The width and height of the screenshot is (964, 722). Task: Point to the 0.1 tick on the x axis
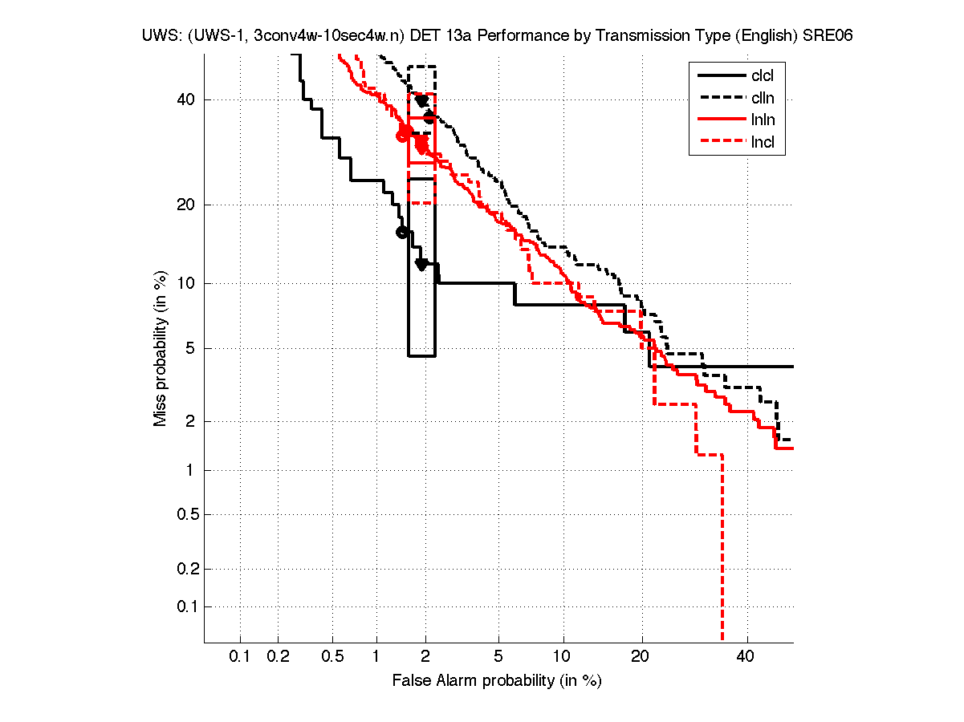240,657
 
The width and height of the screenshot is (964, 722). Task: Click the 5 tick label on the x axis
498,657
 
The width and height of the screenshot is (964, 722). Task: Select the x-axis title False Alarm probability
497,681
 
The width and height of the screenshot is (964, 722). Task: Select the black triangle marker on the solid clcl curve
421,264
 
